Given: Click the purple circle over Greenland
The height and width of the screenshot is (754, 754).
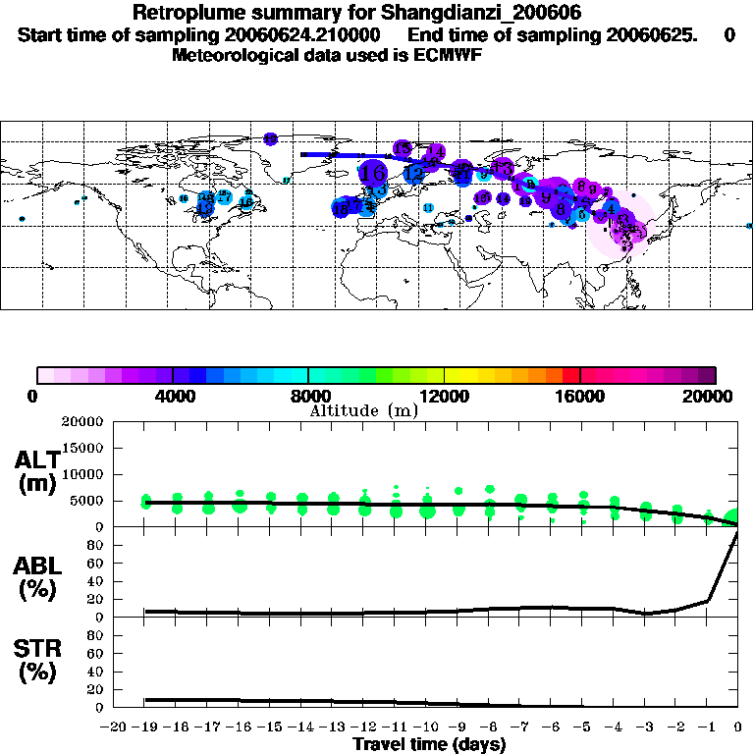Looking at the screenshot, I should coord(270,139).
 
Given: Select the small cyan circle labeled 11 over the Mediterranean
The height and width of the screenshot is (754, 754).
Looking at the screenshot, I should coord(428,207).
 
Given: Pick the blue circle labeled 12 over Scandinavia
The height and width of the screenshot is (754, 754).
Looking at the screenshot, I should coord(414,174).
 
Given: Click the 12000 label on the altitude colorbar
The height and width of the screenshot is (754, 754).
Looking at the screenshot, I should coord(444,397).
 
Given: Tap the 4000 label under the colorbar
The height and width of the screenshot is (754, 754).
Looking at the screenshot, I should coord(173,397).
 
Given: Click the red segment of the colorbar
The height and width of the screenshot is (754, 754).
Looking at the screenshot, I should coord(570,375).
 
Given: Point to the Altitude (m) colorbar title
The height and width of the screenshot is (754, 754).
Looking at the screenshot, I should coord(363,410).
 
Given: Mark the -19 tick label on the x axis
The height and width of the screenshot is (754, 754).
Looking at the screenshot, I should coord(145,727).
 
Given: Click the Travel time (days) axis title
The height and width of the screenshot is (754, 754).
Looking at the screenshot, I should coord(429,744).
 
